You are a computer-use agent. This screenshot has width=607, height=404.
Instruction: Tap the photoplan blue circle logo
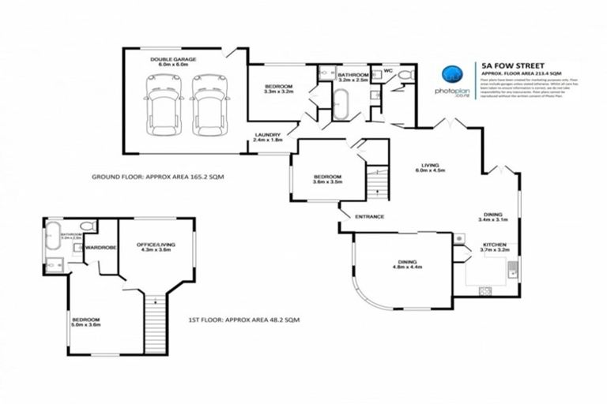[451, 74]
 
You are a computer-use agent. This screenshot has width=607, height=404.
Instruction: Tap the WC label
[387, 71]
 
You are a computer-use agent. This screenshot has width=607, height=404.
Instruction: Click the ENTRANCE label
[368, 216]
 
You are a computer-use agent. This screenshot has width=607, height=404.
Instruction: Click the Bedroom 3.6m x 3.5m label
[326, 179]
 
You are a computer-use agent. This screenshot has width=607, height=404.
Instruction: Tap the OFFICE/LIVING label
[155, 248]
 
